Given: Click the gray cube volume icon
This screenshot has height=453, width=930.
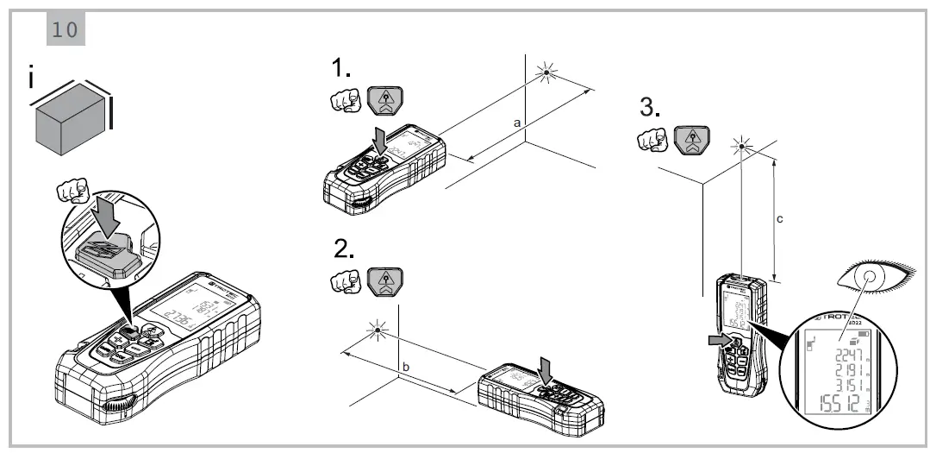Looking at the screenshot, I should (72, 121).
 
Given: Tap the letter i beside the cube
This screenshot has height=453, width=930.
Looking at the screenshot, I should (32, 79).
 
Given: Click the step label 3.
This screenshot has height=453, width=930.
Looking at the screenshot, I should (651, 108).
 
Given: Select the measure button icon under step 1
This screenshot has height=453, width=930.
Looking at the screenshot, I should (384, 101).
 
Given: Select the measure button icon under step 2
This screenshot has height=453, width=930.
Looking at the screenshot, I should (384, 282).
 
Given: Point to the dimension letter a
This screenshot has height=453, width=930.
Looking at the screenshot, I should (517, 124).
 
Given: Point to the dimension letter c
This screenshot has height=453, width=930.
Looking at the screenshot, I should (780, 219).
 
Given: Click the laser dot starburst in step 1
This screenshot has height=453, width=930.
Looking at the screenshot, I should (545, 74).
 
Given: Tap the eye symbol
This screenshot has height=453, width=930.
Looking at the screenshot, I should (870, 278).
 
